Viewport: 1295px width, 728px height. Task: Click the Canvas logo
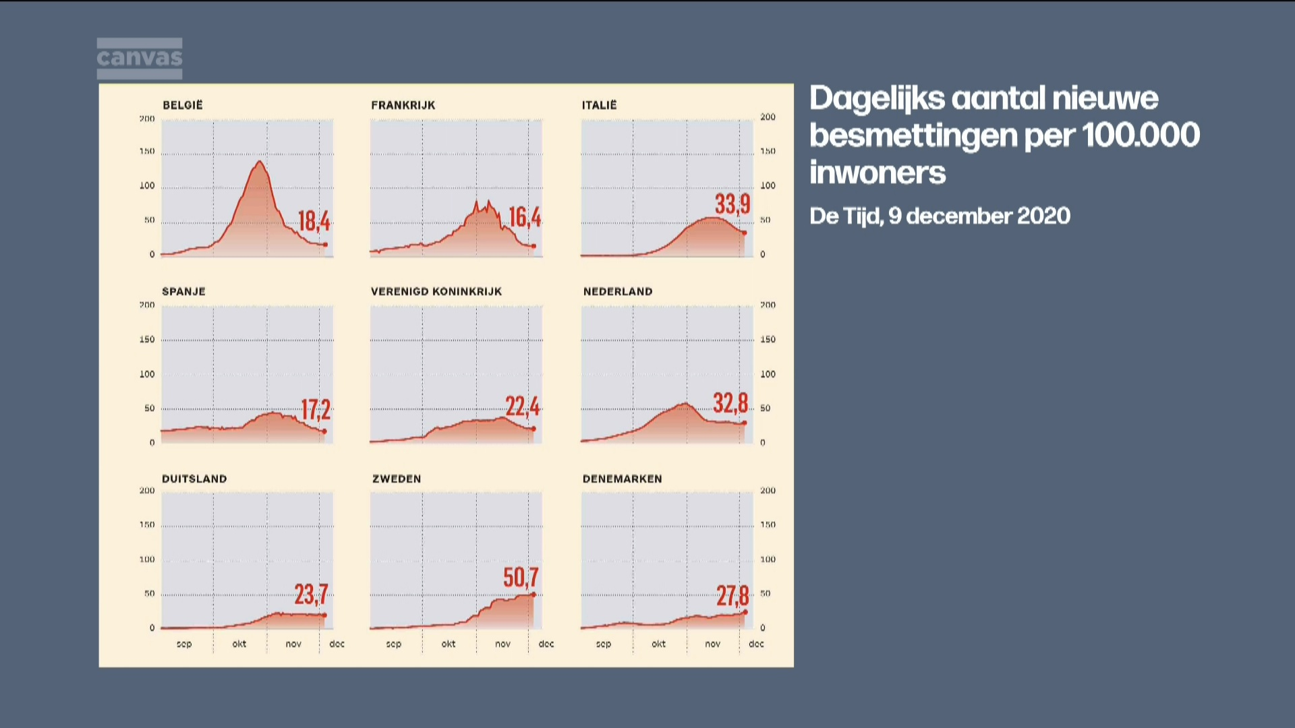tap(139, 58)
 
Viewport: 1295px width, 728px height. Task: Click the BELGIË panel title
tap(182, 105)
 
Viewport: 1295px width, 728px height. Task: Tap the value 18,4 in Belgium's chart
tap(314, 220)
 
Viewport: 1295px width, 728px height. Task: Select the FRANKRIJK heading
tap(403, 105)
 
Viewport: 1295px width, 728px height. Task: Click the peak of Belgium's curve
tap(260, 162)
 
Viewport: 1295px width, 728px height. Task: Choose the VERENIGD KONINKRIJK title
tap(436, 291)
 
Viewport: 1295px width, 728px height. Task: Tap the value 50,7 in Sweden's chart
tap(521, 577)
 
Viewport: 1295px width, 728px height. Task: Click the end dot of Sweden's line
tap(534, 594)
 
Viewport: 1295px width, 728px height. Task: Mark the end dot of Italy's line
tap(744, 233)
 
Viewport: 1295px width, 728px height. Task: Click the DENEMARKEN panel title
tap(622, 479)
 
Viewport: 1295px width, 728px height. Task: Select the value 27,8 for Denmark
tap(732, 595)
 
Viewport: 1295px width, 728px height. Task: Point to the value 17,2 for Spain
tap(315, 409)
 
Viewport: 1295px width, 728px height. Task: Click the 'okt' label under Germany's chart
tap(239, 644)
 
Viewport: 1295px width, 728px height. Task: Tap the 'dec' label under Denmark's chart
tap(756, 644)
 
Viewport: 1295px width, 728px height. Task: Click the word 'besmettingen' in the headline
tap(913, 135)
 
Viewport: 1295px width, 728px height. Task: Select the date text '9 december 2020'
tap(979, 216)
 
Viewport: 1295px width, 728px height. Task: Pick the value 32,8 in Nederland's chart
tap(730, 403)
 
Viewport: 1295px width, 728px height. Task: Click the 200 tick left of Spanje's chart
tap(147, 305)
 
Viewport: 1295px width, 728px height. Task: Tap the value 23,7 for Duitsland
tap(311, 594)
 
